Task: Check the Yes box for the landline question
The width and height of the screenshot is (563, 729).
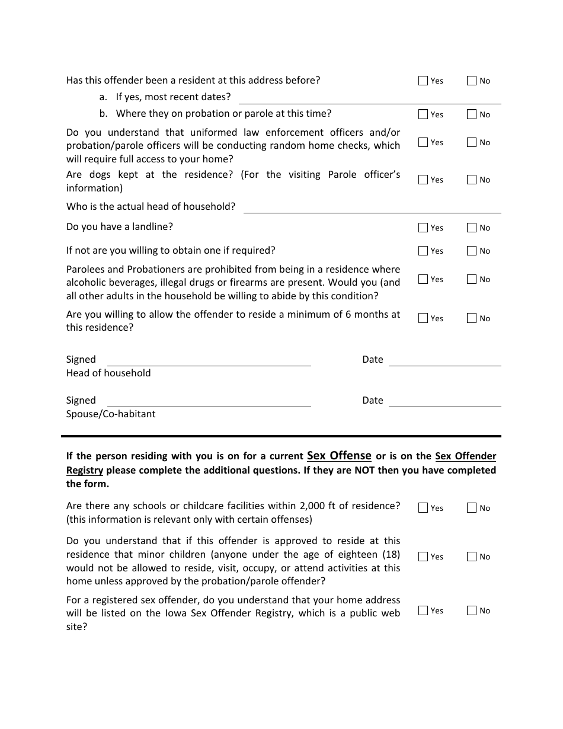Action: [x=423, y=228]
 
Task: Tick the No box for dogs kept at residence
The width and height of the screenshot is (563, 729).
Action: [x=472, y=180]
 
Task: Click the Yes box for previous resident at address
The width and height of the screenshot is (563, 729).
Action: [x=423, y=81]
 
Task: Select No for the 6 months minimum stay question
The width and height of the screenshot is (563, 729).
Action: [x=472, y=318]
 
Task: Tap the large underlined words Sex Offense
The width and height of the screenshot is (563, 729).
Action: [x=339, y=455]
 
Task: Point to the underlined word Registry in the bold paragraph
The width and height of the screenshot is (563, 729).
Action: [x=85, y=470]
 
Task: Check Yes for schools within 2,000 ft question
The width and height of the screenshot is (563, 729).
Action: [x=423, y=508]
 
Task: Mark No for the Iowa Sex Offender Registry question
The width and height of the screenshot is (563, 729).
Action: [x=472, y=610]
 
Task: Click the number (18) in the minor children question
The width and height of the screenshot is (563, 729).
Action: [x=390, y=554]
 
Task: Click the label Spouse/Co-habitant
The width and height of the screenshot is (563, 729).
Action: [x=111, y=414]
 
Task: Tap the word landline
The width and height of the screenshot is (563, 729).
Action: [x=153, y=226]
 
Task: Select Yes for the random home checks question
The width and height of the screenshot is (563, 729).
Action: [x=423, y=142]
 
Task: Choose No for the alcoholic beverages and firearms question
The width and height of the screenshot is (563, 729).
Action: [x=472, y=279]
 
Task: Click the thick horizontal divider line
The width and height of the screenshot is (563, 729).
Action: [x=281, y=436]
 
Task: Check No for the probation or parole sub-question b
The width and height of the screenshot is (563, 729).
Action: [x=472, y=114]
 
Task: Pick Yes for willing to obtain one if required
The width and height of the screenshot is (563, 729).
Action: [x=423, y=251]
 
